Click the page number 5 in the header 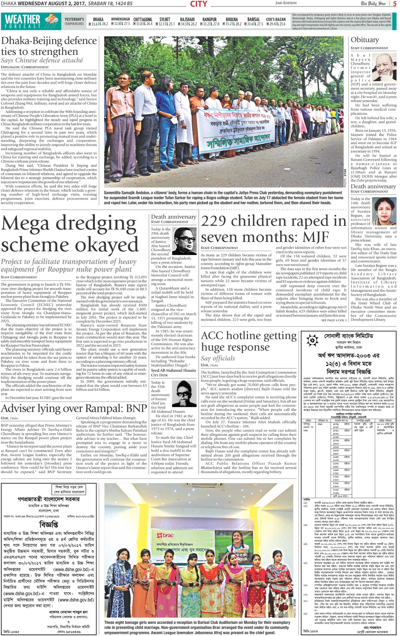pos(394,3)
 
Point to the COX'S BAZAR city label pos(276,19)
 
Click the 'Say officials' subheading pos(218,358)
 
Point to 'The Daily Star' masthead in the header pos(373,3)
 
